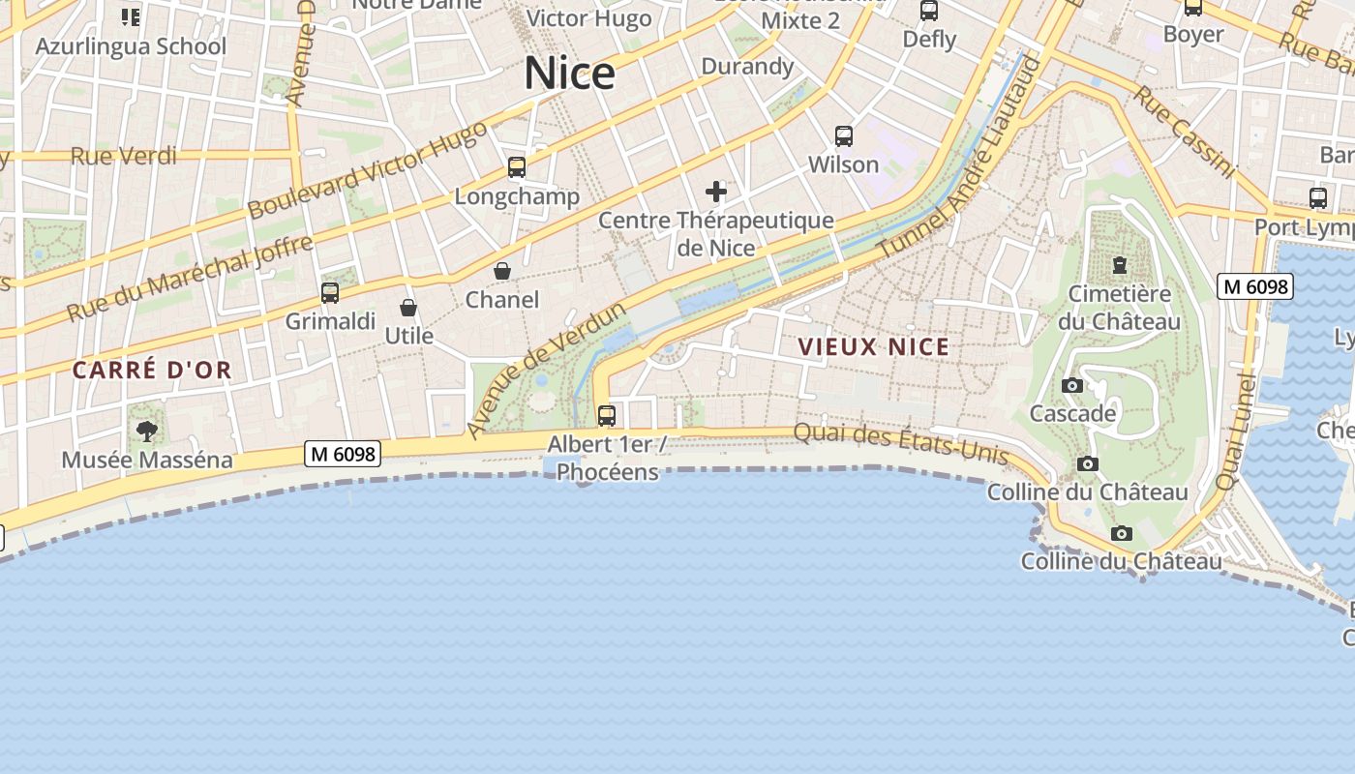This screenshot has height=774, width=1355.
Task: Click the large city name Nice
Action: [569, 74]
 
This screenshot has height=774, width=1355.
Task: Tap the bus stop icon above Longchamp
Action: [517, 167]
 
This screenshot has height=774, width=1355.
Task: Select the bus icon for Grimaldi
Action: [330, 292]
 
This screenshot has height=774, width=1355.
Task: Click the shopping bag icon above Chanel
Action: [502, 271]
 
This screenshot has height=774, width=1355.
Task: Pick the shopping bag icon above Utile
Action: [408, 308]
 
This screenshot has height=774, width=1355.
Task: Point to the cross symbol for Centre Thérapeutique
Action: [716, 191]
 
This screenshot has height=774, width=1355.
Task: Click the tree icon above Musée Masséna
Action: [147, 431]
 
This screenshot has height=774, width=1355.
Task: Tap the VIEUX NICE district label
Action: [873, 346]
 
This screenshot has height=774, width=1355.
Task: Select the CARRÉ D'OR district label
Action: [152, 370]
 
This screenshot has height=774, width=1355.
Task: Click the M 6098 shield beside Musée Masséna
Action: [343, 453]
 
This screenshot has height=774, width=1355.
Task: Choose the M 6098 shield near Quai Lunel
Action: [1254, 286]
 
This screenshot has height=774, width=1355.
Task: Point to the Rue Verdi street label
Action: [124, 156]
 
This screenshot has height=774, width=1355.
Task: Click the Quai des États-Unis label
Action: [901, 444]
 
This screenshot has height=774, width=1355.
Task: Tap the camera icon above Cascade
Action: [1071, 385]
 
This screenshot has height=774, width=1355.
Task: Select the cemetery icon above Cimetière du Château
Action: [1120, 264]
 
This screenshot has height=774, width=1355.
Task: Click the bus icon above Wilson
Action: [844, 135]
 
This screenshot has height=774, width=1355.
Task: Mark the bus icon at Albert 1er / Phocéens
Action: [607, 416]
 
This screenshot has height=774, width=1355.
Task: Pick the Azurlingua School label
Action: [131, 45]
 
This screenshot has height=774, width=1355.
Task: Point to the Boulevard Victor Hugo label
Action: [367, 171]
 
